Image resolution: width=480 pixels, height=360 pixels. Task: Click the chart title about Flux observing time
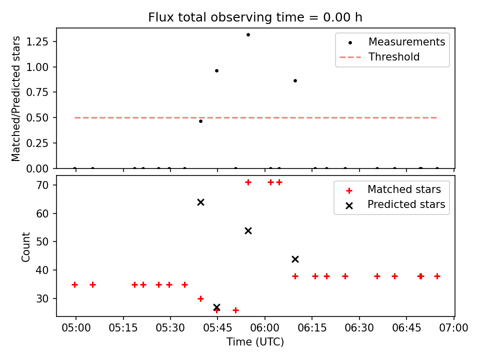[x=255, y=17]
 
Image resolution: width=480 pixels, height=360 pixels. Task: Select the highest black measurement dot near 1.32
[x=248, y=34]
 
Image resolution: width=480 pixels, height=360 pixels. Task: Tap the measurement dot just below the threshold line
[x=200, y=121]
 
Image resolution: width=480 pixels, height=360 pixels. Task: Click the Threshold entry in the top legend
[x=394, y=57]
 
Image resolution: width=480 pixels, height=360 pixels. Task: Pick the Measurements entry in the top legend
[x=406, y=42]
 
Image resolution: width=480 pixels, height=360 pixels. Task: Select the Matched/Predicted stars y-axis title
[x=16, y=98]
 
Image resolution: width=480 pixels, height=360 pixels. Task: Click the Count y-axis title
[x=26, y=247]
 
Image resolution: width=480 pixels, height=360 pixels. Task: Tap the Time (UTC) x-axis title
[x=255, y=342]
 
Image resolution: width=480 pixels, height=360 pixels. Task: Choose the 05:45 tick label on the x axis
[x=217, y=328]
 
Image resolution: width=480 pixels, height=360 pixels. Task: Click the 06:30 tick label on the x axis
[x=359, y=328]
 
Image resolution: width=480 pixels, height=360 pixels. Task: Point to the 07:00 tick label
[x=453, y=328]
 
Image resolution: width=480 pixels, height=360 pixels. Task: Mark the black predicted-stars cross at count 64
[x=200, y=202]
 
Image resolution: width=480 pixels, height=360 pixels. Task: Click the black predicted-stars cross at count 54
[x=248, y=230]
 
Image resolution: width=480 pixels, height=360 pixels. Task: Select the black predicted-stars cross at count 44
[x=295, y=259]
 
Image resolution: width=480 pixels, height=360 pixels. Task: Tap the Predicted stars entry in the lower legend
[x=406, y=204]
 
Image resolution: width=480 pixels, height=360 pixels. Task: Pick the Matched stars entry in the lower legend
[x=404, y=189]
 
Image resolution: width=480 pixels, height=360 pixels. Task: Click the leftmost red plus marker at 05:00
[x=74, y=284]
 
